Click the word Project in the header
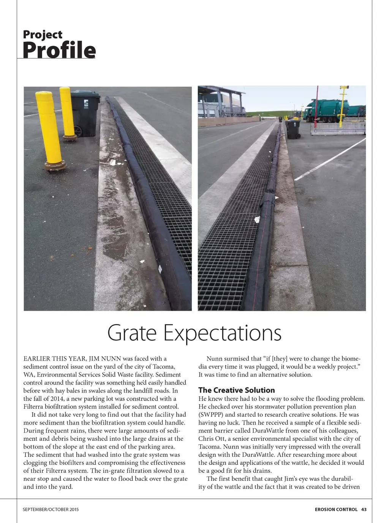[43, 35]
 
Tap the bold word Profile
[59, 50]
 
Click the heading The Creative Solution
[236, 390]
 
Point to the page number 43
[364, 509]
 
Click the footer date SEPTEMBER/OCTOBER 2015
[51, 509]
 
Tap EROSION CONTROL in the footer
[336, 509]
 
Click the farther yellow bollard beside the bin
[67, 112]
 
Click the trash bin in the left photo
[85, 113]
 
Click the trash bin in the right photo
[293, 129]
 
